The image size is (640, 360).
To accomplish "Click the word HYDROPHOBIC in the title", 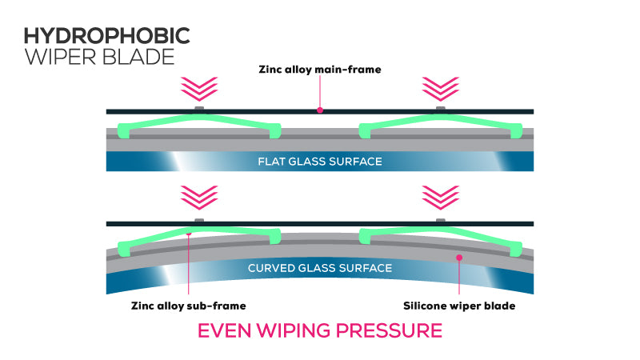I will click(106, 35).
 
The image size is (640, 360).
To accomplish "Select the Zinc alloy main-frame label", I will click(319, 70).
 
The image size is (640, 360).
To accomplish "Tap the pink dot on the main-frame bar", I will click(320, 110).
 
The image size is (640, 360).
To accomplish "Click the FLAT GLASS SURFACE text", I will click(319, 162).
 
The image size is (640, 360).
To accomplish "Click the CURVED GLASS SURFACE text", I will click(319, 268).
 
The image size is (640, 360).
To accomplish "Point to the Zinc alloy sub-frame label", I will click(187, 305).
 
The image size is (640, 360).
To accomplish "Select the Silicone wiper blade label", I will click(458, 305).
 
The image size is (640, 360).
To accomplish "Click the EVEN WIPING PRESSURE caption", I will click(319, 330).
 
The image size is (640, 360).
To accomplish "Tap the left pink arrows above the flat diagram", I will click(199, 86).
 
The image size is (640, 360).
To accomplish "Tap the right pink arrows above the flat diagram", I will click(439, 86).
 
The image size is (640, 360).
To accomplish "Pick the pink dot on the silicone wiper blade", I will click(458, 257).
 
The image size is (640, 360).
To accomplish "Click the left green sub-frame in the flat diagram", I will click(199, 122).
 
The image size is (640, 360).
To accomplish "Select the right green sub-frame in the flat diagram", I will click(439, 122).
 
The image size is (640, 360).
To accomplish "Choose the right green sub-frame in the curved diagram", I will click(439, 233).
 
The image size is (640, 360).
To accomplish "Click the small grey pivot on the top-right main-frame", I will click(439, 107).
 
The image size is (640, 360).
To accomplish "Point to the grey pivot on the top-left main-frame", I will click(199, 107).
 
